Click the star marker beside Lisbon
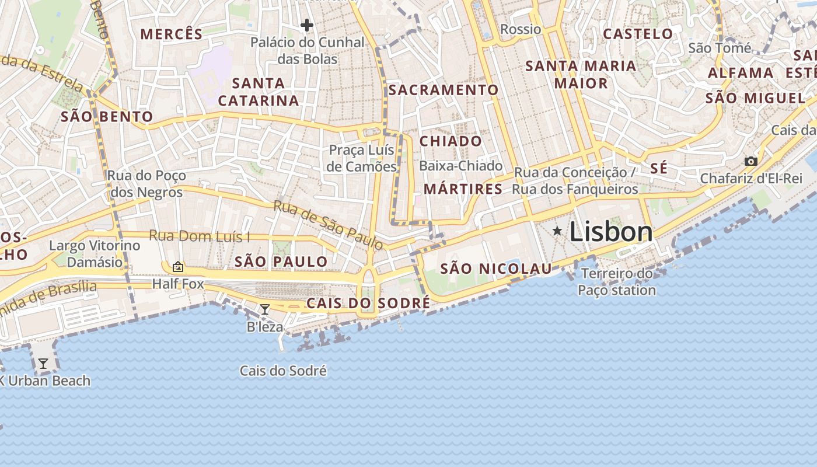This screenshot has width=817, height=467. click(x=557, y=232)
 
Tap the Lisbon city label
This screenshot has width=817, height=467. click(x=611, y=232)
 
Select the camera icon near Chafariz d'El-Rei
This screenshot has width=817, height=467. click(x=750, y=161)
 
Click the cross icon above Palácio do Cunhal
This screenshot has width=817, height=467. click(x=307, y=25)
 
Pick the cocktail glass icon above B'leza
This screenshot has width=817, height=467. click(x=264, y=309)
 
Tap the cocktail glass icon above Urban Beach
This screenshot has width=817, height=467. click(x=43, y=364)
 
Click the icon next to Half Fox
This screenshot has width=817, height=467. click(x=177, y=267)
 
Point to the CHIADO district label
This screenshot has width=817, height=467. click(x=451, y=141)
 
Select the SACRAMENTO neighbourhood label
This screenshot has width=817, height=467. click(x=444, y=90)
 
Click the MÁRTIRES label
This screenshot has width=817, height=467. click(x=463, y=189)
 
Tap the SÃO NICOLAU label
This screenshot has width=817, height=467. click(x=495, y=269)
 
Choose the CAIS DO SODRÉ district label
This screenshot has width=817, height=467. click(x=368, y=304)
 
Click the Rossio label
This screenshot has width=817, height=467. click(x=521, y=29)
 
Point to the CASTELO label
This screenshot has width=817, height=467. click(x=638, y=34)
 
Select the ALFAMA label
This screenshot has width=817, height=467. click(x=741, y=74)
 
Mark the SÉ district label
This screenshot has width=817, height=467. click(x=659, y=169)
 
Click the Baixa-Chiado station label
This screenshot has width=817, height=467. click(x=460, y=166)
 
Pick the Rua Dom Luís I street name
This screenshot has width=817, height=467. click(x=200, y=236)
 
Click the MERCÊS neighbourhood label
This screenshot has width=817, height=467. click(x=172, y=34)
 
